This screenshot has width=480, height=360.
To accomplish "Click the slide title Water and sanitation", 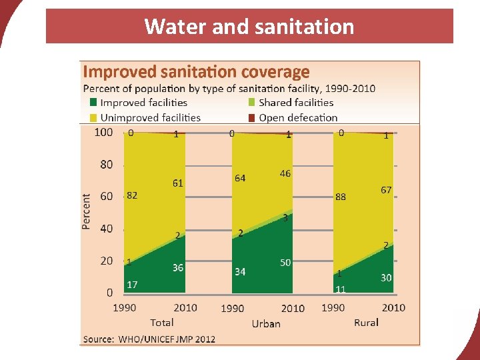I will click(x=249, y=27).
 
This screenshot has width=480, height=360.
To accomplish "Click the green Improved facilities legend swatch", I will click(x=94, y=103).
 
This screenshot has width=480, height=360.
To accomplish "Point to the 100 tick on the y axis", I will click(x=103, y=132).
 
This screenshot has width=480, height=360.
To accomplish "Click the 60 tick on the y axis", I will click(x=107, y=196).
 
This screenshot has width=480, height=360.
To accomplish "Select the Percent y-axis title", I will click(x=87, y=211).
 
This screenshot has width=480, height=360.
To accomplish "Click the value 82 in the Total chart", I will click(x=132, y=195).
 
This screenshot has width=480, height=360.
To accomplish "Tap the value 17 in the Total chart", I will click(x=132, y=285).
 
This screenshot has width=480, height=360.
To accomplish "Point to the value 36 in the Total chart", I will click(x=178, y=267).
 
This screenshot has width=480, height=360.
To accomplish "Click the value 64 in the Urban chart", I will click(x=240, y=178).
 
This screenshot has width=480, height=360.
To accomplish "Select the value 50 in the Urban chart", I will click(x=285, y=263).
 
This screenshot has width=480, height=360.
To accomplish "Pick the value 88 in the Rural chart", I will click(x=341, y=197).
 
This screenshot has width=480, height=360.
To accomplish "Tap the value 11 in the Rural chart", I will click(x=341, y=289).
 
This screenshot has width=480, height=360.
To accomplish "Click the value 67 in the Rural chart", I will click(x=386, y=190).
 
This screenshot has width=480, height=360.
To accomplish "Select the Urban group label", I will click(x=266, y=324).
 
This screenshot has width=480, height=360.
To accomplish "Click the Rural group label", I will click(x=366, y=323).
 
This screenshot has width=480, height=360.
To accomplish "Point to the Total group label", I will click(x=162, y=323).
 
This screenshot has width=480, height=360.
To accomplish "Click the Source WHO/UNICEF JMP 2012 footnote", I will click(x=149, y=339).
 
